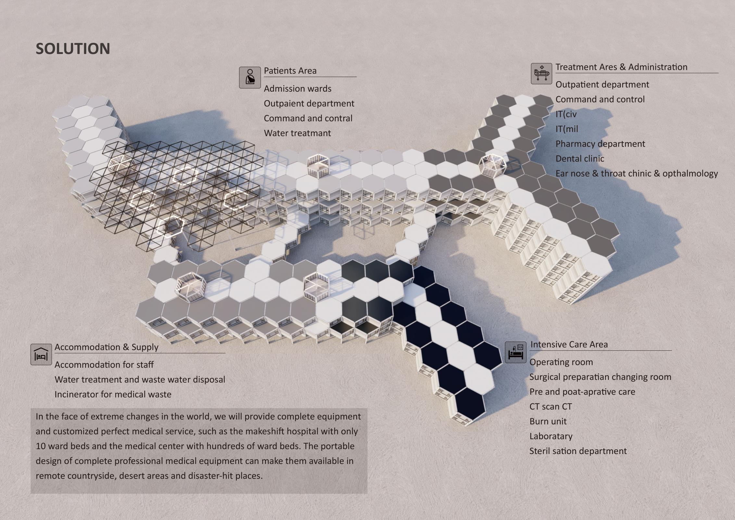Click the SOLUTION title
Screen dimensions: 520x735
pyautogui.click(x=73, y=49)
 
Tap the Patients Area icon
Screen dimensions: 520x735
pyautogui.click(x=250, y=77)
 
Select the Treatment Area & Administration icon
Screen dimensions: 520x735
pyautogui.click(x=541, y=74)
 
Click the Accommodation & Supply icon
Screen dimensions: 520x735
pyautogui.click(x=41, y=354)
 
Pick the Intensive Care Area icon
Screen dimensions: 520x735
pyautogui.click(x=516, y=352)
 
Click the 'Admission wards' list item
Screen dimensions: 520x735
pyautogui.click(x=298, y=89)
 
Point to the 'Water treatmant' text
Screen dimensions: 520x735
pyautogui.click(x=297, y=133)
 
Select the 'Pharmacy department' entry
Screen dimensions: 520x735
pyautogui.click(x=600, y=144)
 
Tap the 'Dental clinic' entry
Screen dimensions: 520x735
pyautogui.click(x=580, y=159)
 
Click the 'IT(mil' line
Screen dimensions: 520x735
pyautogui.click(x=567, y=129)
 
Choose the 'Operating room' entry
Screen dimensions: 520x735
pyautogui.click(x=561, y=362)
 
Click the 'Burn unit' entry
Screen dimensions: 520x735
pyautogui.click(x=548, y=422)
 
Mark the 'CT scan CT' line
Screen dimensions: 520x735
pyautogui.click(x=551, y=407)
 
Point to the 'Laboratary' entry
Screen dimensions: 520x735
pyautogui.click(x=551, y=436)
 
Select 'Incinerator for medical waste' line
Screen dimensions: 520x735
pyautogui.click(x=113, y=395)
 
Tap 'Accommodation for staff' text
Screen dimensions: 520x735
pyautogui.click(x=104, y=365)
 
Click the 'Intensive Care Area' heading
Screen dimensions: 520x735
pyautogui.click(x=569, y=344)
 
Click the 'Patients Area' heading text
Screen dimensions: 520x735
pyautogui.click(x=290, y=71)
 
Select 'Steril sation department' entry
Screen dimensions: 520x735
pyautogui.click(x=578, y=451)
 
